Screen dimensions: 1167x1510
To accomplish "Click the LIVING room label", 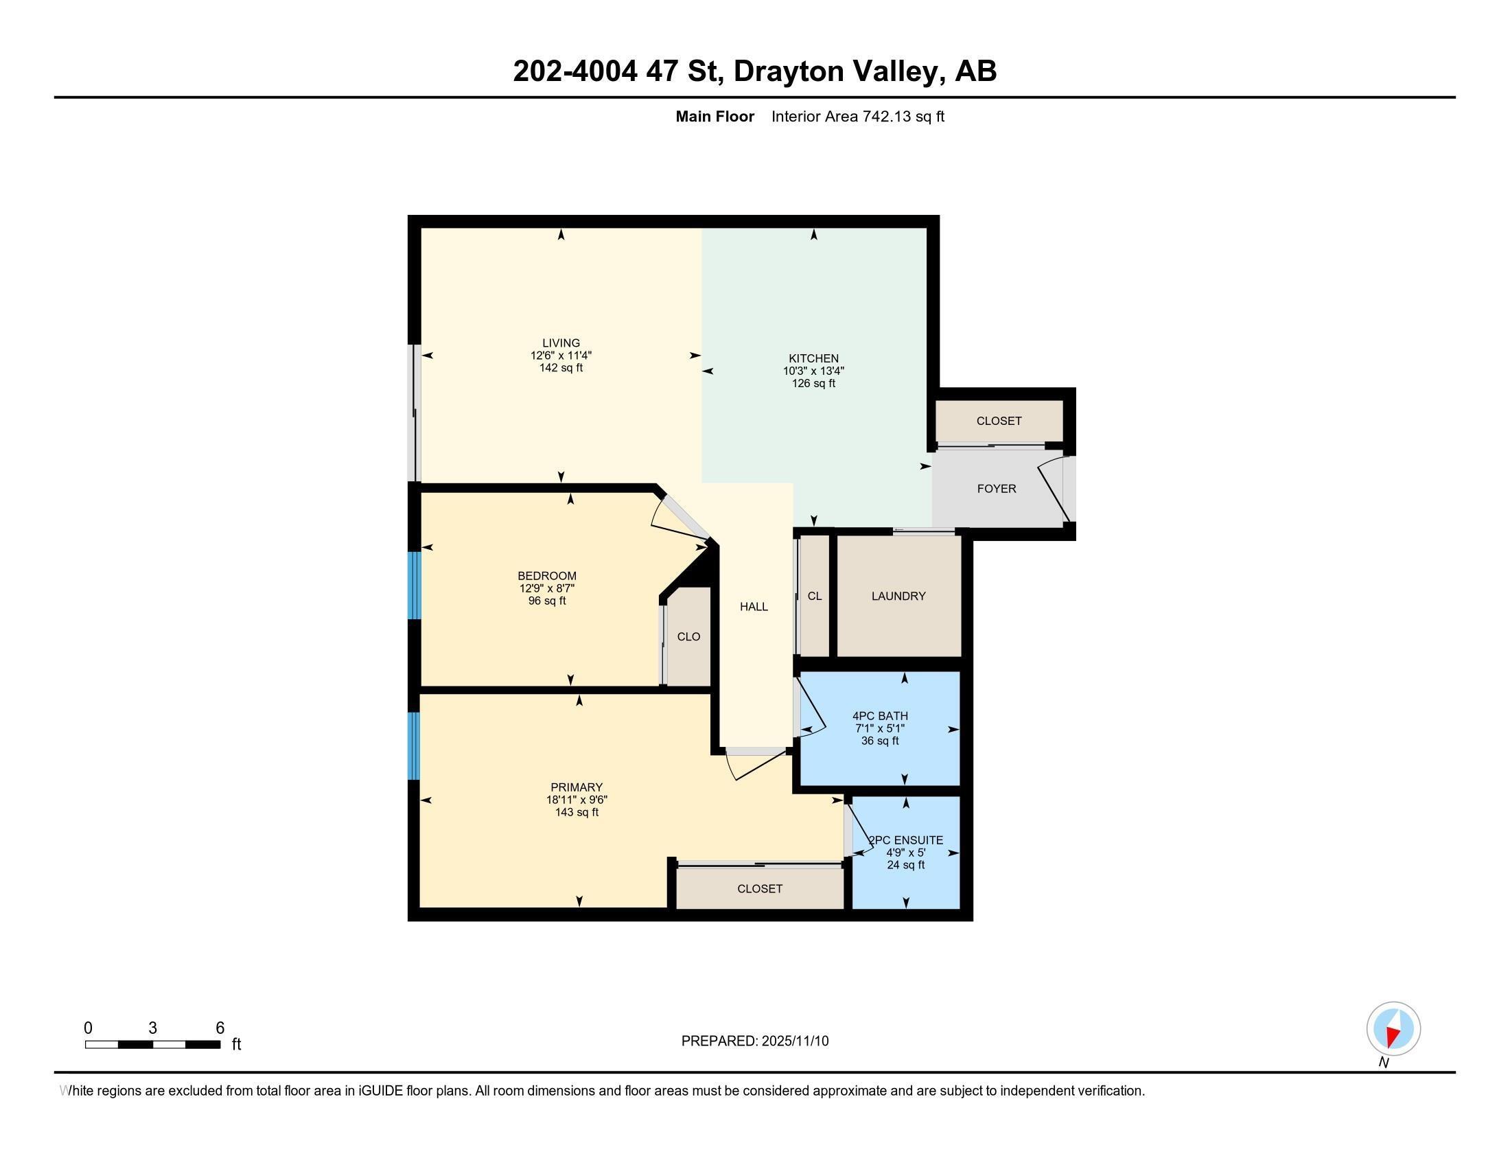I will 561,343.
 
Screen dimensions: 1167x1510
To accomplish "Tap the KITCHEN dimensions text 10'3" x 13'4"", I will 813,371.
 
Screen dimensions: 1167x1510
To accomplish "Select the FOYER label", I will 997,489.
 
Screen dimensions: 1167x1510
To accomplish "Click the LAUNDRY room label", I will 898,596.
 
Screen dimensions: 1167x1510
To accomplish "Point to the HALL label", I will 754,606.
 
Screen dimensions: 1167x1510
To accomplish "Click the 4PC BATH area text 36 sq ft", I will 879,741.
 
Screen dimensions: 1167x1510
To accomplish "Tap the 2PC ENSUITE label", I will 906,840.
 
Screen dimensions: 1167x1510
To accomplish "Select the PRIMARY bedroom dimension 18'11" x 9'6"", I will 577,800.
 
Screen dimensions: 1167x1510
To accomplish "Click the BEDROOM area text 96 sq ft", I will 546,601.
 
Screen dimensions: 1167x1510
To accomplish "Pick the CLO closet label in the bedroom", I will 688,637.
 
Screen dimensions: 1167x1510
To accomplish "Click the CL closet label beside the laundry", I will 815,596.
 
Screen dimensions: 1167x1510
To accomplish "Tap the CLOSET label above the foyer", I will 999,421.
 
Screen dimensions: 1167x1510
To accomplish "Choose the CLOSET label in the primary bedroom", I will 759,889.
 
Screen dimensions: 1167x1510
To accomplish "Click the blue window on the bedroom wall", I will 414,585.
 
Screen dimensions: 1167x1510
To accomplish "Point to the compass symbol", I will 1393,1029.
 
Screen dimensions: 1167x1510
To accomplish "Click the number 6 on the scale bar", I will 220,1028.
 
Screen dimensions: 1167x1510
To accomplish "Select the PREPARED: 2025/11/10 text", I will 754,1041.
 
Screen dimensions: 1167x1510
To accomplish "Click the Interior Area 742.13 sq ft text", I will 857,117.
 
